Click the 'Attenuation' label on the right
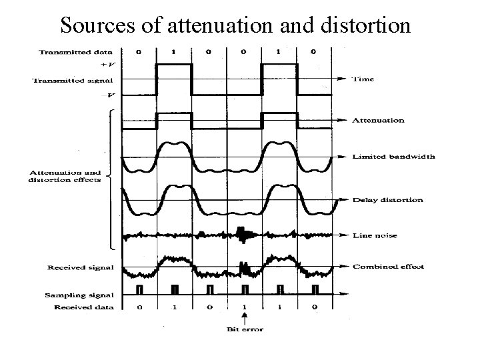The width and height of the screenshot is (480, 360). tap(378, 121)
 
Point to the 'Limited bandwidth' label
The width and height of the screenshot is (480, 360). tap(394, 157)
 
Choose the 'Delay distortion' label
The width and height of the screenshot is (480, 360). tap(387, 200)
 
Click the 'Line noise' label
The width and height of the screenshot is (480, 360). tap(375, 235)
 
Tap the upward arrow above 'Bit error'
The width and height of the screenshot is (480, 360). tap(244, 318)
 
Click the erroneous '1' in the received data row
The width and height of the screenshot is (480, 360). tap(244, 307)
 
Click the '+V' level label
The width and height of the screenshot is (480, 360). tap(105, 65)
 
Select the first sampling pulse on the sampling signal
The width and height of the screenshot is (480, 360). tap(140, 290)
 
